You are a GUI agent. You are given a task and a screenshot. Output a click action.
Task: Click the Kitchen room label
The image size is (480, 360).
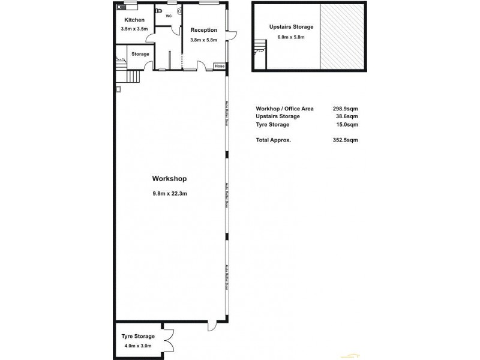134,20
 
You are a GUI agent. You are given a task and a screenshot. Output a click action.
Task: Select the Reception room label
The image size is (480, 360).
203,31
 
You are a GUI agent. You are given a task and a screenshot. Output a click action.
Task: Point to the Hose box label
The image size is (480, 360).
220,66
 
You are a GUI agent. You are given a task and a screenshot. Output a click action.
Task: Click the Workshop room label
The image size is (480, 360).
170,179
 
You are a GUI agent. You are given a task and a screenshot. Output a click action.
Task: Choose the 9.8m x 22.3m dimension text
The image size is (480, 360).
170,193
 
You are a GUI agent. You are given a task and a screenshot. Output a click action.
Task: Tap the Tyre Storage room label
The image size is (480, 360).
137,336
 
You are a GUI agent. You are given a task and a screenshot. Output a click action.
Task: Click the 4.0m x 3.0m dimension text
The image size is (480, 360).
137,346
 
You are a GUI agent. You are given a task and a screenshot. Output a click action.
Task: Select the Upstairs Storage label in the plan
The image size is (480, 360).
291,28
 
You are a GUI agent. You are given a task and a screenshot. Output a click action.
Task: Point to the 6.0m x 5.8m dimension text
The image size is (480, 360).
291,37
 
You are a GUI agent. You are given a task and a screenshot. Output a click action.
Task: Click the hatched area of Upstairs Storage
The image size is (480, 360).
341,37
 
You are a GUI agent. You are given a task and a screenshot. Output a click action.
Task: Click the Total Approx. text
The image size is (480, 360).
274,140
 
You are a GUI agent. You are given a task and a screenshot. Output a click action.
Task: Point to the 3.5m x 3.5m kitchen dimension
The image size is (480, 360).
134,29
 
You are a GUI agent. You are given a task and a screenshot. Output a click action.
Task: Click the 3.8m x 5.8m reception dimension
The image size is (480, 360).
203,40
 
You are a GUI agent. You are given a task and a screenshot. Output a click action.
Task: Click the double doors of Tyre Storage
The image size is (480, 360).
170,341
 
